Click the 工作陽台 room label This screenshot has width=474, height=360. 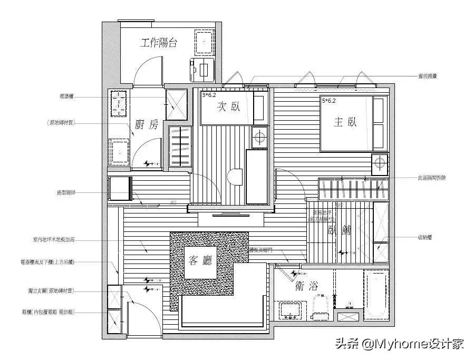pyautogui.click(x=158, y=43)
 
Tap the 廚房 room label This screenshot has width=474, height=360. pyautogui.click(x=146, y=124)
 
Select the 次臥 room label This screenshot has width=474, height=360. pyautogui.click(x=228, y=107)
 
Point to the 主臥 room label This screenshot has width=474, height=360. pyautogui.click(x=345, y=122)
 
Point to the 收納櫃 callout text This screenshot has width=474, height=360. pyautogui.click(x=424, y=238)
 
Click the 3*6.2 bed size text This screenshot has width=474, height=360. pyautogui.click(x=209, y=95)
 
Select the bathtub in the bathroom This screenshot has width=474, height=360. pyautogui.click(x=376, y=295)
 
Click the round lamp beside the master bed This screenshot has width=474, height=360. pyautogui.click(x=380, y=163)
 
